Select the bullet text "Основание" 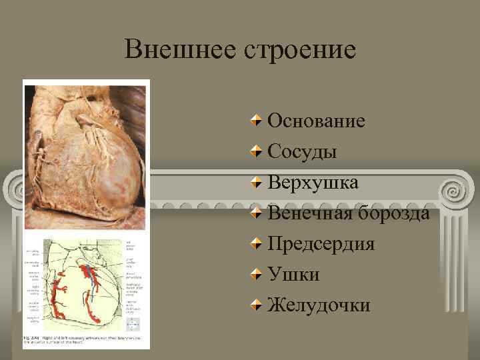[x=316, y=121]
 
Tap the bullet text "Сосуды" [x=302, y=151]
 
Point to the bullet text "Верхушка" [x=313, y=182]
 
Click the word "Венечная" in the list [x=310, y=213]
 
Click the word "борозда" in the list [x=394, y=213]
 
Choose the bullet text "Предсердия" [x=321, y=243]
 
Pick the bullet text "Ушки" [x=293, y=274]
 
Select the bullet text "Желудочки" [x=319, y=305]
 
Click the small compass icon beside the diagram [x=133, y=324]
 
